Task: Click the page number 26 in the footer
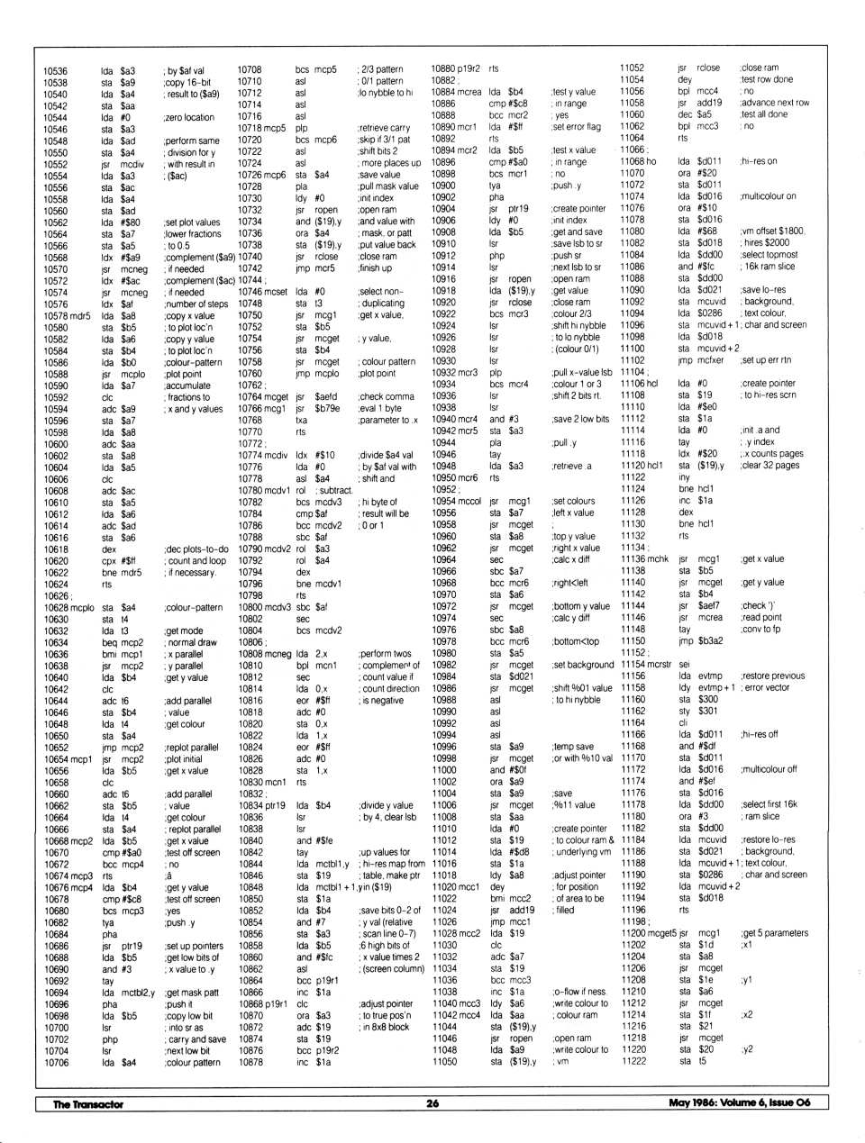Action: click(432, 1103)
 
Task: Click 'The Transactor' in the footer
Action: click(87, 1103)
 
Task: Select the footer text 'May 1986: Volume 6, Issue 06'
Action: click(740, 1102)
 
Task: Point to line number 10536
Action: click(55, 70)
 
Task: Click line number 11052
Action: click(632, 68)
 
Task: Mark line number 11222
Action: click(633, 1061)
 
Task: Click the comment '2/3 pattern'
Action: click(381, 69)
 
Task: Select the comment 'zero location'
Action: click(189, 117)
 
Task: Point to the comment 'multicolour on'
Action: click(768, 195)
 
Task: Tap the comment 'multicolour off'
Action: click(769, 769)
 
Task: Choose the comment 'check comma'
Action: click(387, 396)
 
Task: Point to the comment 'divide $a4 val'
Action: click(387, 455)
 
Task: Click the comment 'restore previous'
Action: click(772, 676)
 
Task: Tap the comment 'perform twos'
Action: click(385, 653)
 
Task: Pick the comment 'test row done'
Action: click(767, 79)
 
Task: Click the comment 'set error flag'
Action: click(576, 127)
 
